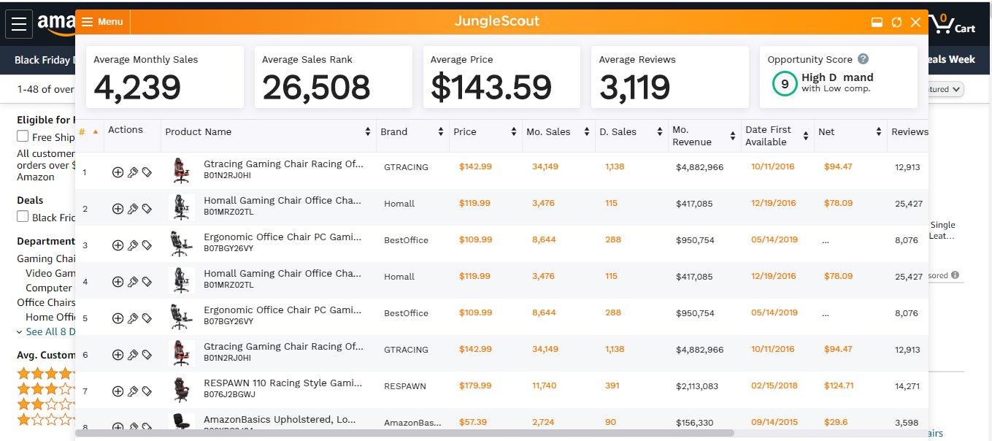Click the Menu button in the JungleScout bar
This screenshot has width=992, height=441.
[x=102, y=22]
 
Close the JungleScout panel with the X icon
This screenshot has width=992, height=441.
[x=915, y=23]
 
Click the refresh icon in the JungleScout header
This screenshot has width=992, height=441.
[x=896, y=23]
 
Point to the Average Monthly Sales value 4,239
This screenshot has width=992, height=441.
[x=137, y=88]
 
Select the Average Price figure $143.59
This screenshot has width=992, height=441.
[x=491, y=88]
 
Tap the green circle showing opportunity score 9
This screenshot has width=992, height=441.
[x=785, y=84]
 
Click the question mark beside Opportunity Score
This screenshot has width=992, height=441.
[x=864, y=59]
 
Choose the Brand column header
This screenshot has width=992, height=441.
[x=394, y=132]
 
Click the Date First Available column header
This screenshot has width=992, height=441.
[x=768, y=136]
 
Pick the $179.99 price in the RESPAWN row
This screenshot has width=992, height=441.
[x=475, y=386]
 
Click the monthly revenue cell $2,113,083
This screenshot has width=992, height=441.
[x=697, y=386]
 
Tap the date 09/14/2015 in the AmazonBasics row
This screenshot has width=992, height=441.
[x=774, y=422]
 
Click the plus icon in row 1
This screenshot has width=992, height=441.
[x=118, y=172]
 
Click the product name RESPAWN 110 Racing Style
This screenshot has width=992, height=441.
[x=282, y=383]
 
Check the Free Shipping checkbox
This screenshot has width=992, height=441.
[x=23, y=137]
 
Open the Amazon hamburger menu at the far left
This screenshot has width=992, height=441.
[x=19, y=24]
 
